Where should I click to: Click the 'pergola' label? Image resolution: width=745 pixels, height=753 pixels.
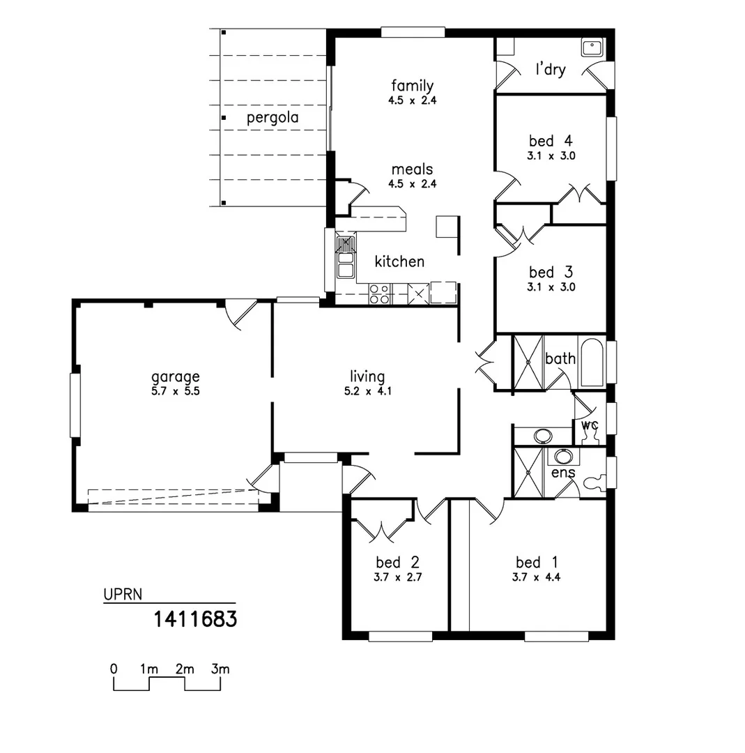point(272,118)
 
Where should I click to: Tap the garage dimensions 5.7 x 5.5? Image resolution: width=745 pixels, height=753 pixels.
point(176,391)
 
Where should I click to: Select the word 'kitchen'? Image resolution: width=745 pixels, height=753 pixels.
point(399,261)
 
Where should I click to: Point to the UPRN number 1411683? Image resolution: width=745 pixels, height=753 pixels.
point(195,618)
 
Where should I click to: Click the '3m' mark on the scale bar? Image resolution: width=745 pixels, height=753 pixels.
point(220,669)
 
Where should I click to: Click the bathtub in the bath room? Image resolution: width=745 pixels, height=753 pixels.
point(592,363)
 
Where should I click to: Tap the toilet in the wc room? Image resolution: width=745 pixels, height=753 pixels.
point(592,434)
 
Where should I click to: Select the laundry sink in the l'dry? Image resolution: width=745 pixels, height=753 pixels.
point(592,47)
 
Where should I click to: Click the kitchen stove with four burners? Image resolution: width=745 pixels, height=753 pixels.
point(380,294)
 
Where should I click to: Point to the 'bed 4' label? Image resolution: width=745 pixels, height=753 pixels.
point(551,142)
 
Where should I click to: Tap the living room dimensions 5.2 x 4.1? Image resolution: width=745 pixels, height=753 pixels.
point(367,391)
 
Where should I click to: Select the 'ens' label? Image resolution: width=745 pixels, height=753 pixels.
point(562,473)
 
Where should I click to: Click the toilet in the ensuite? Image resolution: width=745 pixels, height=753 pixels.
point(594,482)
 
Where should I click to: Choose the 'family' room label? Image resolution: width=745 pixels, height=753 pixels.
point(412,86)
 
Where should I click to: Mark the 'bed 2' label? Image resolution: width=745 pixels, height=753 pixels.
point(397,562)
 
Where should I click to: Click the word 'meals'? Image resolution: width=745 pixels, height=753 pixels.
point(412,169)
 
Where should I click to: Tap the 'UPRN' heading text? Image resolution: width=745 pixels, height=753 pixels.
point(123,595)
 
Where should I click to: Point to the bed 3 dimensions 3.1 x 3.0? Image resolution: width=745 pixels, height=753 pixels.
point(551,287)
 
